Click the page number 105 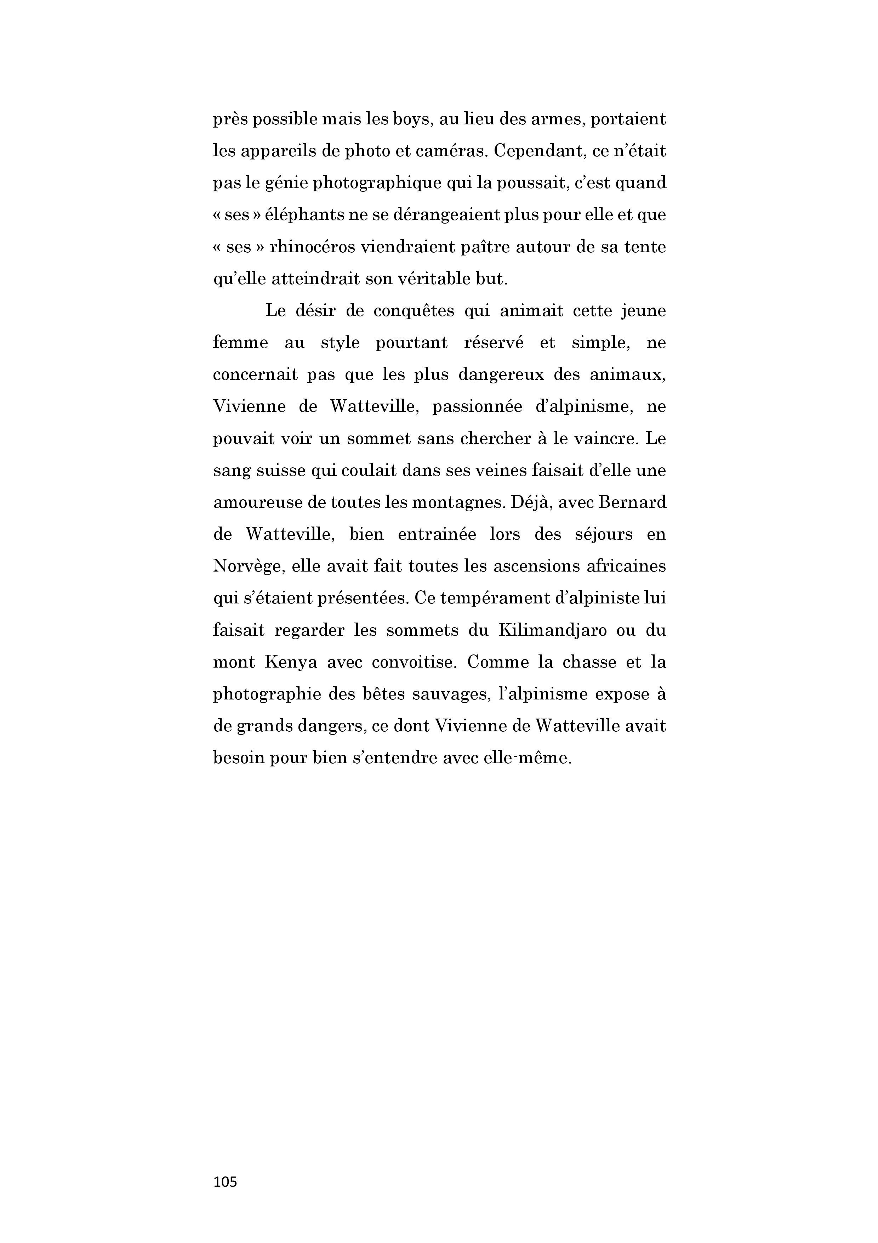[x=225, y=1182]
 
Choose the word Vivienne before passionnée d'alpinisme [x=249, y=406]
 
